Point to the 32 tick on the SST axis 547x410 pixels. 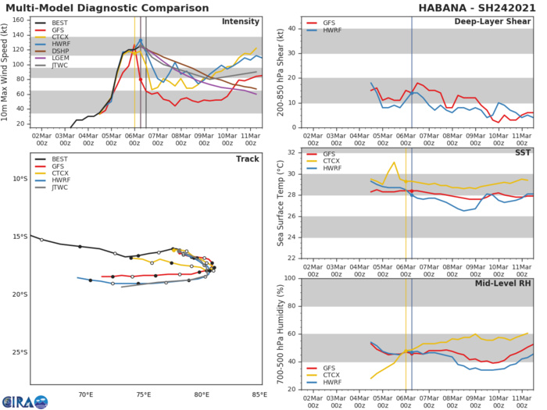pos(295,152)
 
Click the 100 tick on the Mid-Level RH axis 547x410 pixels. pos(293,278)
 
